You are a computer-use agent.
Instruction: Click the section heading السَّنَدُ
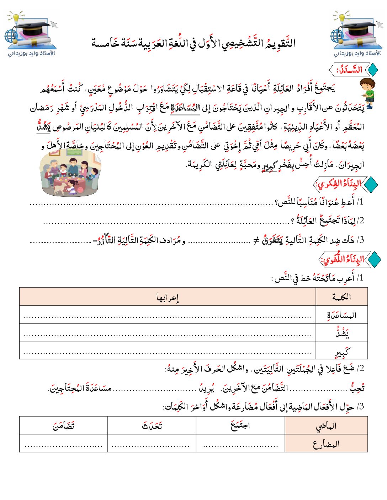click(350, 70)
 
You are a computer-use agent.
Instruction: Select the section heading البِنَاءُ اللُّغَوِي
click(342, 259)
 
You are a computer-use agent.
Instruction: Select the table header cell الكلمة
click(341, 297)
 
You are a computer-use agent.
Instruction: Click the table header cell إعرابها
click(168, 297)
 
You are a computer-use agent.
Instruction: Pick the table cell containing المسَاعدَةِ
click(341, 315)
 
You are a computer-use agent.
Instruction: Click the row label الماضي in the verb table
click(326, 426)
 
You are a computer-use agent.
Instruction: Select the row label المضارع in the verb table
click(326, 444)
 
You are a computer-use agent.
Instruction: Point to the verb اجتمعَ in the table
click(240, 425)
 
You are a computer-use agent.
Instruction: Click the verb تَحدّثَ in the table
click(152, 425)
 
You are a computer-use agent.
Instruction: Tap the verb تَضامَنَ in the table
click(64, 425)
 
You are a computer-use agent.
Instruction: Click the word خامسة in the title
click(105, 43)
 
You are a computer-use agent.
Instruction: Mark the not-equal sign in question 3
click(256, 241)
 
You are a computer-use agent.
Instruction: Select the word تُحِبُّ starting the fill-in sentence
click(357, 388)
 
